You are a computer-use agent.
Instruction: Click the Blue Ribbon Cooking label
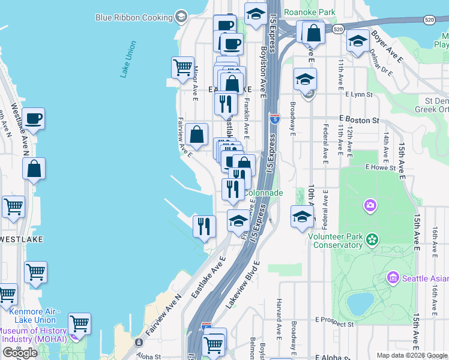tap(134, 17)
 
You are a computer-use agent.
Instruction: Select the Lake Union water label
tap(128, 59)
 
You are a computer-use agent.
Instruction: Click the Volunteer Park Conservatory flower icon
tap(372, 240)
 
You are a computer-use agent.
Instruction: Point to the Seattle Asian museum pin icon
tap(393, 278)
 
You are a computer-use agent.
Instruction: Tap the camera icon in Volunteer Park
tap(370, 206)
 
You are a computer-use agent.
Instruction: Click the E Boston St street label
tap(359, 120)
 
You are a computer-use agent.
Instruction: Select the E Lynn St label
tap(359, 95)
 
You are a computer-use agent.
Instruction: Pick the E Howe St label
tap(380, 167)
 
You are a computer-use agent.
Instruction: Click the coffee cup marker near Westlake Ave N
tap(34, 119)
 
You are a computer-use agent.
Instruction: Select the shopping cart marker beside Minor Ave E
tap(182, 68)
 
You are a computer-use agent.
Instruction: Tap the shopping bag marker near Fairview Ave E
tap(196, 135)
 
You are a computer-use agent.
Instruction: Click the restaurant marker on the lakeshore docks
tap(204, 226)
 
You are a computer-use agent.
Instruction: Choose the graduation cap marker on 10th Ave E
tap(302, 216)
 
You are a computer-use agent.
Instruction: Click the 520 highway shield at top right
tap(429, 20)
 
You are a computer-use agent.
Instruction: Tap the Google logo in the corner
tap(20, 353)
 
